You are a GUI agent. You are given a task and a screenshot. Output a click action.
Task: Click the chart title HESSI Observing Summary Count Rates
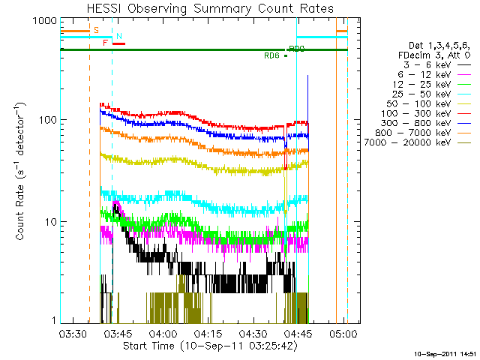click(211, 8)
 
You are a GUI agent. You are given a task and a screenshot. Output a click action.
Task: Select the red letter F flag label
click(105, 43)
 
